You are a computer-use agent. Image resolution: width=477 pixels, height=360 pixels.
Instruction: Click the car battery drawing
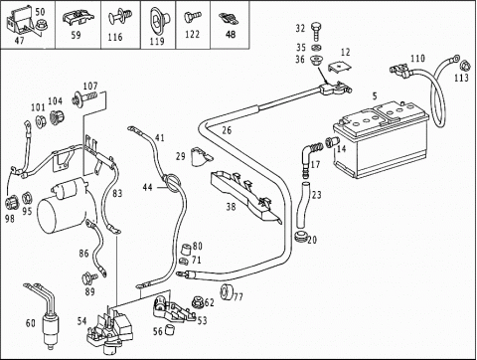click(381, 139)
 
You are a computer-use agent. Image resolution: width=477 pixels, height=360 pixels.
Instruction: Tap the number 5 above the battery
click(375, 96)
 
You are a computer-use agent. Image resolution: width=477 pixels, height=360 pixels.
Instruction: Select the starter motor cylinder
click(62, 206)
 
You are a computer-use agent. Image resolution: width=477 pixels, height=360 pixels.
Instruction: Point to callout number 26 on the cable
click(227, 130)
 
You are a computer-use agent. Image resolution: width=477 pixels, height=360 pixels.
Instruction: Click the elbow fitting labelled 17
click(310, 157)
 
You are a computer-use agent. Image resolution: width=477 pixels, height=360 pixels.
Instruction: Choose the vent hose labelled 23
click(303, 205)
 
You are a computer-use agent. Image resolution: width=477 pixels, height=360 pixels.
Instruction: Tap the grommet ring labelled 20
click(300, 238)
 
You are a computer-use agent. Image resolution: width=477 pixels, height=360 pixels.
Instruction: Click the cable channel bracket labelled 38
click(246, 196)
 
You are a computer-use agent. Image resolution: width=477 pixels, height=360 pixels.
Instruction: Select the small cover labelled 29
click(200, 156)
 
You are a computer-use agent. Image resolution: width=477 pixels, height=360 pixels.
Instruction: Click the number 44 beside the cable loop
click(147, 187)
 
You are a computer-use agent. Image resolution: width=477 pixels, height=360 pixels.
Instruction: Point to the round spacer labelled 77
click(227, 291)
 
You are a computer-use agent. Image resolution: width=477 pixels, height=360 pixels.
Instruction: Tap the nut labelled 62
click(198, 302)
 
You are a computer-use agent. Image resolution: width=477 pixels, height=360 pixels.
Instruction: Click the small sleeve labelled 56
click(170, 330)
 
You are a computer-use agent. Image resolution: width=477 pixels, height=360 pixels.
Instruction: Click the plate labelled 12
click(340, 68)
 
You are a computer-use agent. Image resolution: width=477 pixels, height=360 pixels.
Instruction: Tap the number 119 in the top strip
click(157, 41)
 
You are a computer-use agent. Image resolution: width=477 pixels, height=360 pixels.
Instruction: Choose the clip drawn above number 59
click(78, 18)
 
